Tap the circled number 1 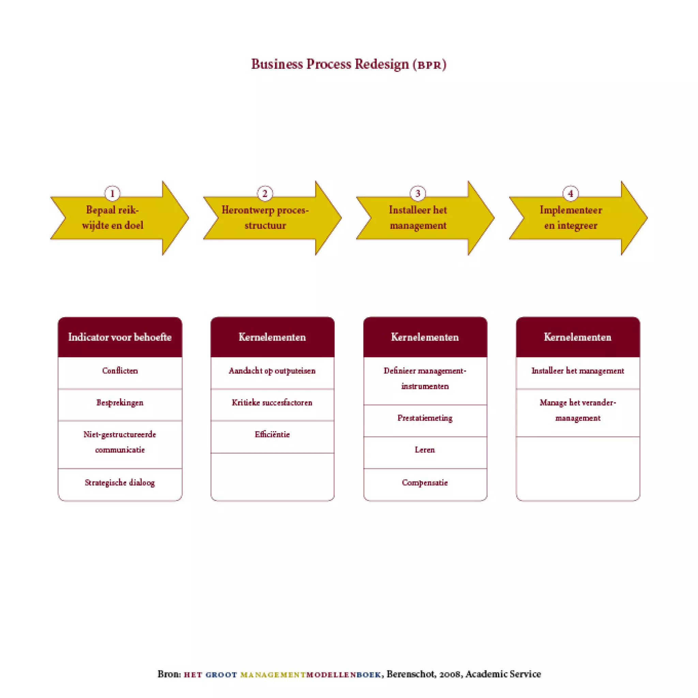(x=112, y=194)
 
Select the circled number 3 (x=418, y=194)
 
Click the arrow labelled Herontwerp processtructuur (x=265, y=218)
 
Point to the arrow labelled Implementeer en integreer (x=571, y=218)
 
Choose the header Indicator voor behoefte (x=120, y=337)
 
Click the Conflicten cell (x=120, y=371)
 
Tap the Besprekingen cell (x=120, y=403)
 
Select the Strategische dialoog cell (x=120, y=483)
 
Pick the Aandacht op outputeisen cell (x=272, y=371)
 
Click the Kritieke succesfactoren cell (x=272, y=403)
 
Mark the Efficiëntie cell (x=272, y=435)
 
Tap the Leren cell (x=425, y=450)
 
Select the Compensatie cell (x=425, y=483)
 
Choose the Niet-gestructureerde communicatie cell (x=120, y=442)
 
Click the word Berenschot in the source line (x=410, y=674)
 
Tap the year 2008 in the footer (x=450, y=674)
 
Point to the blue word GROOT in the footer (x=221, y=674)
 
